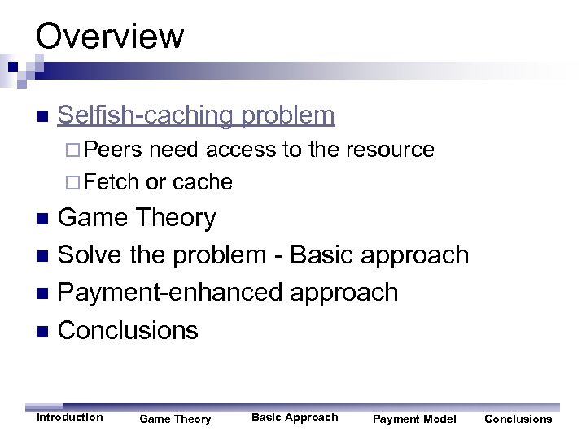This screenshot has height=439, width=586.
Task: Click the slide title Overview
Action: [110, 36]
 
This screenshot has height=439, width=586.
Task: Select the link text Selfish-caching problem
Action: [196, 115]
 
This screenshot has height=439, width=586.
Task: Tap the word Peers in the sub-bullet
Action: [113, 150]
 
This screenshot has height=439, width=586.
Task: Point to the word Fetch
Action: [112, 182]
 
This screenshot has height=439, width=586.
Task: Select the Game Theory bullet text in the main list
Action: [138, 218]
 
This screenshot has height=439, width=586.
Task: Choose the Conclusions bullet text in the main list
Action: [129, 330]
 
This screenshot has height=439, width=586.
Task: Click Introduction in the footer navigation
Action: [70, 418]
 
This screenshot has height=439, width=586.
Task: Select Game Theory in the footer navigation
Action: [175, 419]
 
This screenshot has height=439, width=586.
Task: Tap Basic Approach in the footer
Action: [295, 418]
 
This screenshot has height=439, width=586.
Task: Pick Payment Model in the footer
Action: [414, 419]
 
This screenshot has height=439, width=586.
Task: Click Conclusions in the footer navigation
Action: [518, 419]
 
